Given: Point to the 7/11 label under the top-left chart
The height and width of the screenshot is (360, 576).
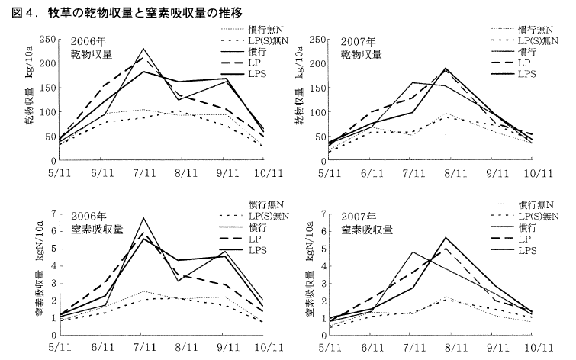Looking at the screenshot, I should point(142,174).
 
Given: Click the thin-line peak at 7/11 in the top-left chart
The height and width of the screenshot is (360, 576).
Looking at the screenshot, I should point(143,49).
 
